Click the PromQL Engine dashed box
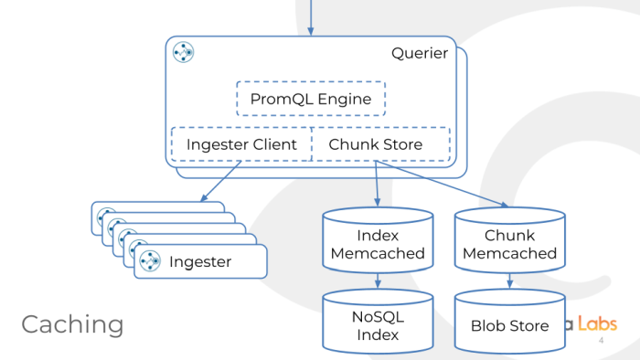pos(311,98)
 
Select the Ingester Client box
pos(241,144)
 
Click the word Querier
pos(420,53)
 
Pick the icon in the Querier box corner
pos(183,53)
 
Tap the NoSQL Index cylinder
pos(378,325)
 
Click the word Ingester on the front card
pos(199,262)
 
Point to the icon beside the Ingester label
pos(150,261)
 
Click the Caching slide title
pos(72,323)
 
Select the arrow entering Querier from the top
pos(311,18)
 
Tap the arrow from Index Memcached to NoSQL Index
pos(378,281)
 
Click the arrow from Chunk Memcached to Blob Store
pos(508,281)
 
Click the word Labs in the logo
pos(597,323)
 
